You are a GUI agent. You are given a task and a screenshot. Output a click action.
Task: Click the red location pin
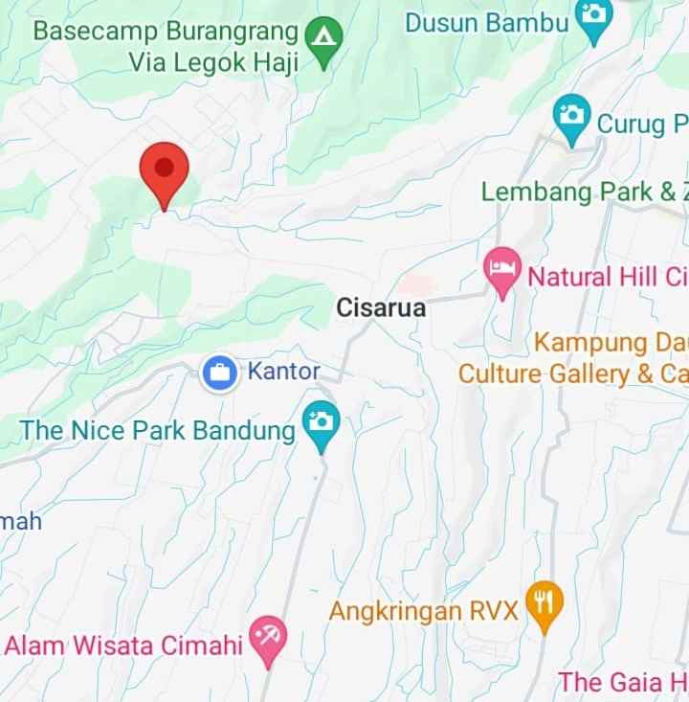point(165,170)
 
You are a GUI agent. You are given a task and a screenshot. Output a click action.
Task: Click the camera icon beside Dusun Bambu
point(594,17)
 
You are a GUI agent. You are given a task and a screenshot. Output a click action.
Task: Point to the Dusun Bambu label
point(487,23)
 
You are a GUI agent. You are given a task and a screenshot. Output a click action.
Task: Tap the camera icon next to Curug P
point(572,118)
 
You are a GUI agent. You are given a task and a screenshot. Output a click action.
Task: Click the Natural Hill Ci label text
point(608,278)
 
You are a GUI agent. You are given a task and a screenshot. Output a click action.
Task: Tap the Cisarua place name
point(381,308)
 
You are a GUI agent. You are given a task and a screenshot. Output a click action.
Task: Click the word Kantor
point(283,371)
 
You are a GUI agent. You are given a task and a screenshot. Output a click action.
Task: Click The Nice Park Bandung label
point(158,430)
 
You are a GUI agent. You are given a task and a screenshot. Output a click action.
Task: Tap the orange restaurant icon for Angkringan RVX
point(545,603)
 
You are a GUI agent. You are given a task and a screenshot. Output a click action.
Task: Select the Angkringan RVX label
point(423,610)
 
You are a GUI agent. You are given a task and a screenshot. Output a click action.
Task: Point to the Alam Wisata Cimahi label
point(123,645)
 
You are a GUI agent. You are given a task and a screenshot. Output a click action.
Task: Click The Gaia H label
point(622,682)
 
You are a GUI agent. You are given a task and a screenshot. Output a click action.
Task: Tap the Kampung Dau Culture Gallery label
point(572,357)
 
